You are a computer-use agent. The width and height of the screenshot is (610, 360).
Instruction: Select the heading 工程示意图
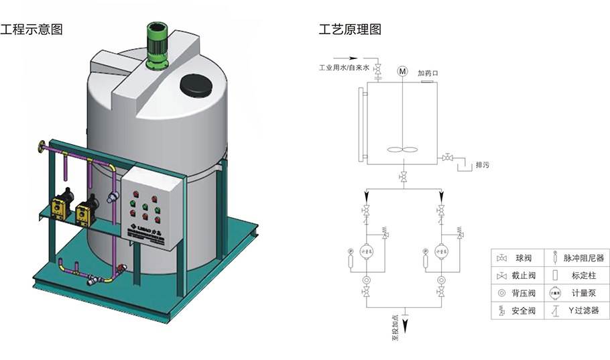[32, 29]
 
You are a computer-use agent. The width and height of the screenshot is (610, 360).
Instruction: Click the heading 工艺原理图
[350, 29]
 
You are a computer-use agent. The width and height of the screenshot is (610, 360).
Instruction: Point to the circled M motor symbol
[402, 71]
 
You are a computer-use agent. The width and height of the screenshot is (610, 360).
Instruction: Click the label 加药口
[427, 73]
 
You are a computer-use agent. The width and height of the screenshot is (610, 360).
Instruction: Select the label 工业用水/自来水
[344, 68]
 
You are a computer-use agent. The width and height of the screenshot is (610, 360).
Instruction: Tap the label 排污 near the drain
[482, 164]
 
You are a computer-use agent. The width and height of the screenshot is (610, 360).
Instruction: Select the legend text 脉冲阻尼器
[584, 257]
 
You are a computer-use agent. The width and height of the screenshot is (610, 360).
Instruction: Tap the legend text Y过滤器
[581, 311]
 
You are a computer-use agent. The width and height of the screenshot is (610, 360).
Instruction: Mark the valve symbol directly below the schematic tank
[402, 177]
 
